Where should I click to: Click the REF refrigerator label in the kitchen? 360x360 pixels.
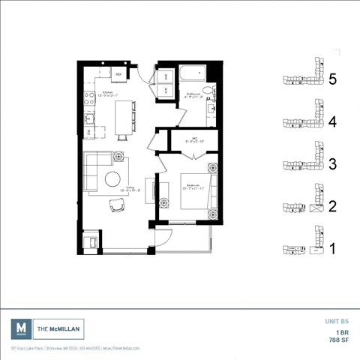pyautogui.click(x=118, y=74)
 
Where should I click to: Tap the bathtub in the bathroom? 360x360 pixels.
pyautogui.click(x=193, y=76)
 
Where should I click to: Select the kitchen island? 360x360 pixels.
pyautogui.click(x=123, y=118)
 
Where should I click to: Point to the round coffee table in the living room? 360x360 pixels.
pyautogui.click(x=114, y=178)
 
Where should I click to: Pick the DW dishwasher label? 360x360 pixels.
pyautogui.click(x=89, y=132)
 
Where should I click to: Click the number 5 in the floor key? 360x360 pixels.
pyautogui.click(x=332, y=79)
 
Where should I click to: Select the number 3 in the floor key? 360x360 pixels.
pyautogui.click(x=332, y=163)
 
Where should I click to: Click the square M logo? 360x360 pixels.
pyautogui.click(x=22, y=328)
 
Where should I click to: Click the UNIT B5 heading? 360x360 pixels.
pyautogui.click(x=336, y=320)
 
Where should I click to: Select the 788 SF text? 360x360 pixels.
pyautogui.click(x=338, y=339)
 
